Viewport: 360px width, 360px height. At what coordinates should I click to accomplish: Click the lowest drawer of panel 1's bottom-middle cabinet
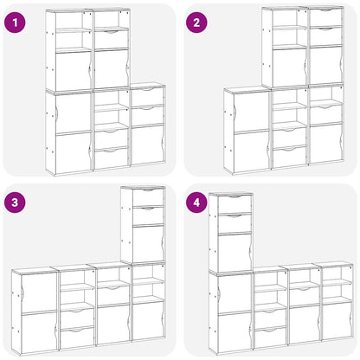click(111, 157)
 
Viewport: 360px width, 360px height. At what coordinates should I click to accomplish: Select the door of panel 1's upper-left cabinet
click(74, 69)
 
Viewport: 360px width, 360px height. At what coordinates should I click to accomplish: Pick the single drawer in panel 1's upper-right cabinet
click(112, 37)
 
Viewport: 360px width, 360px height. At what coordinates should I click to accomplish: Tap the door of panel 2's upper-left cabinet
click(289, 67)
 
